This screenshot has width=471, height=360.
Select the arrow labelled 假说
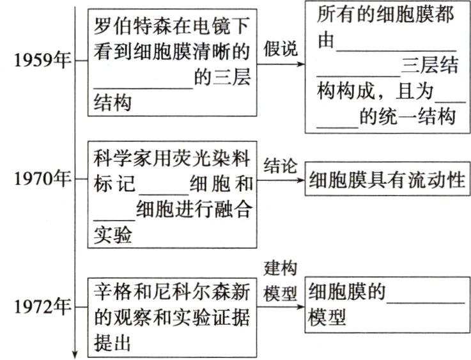(x=281, y=61)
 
